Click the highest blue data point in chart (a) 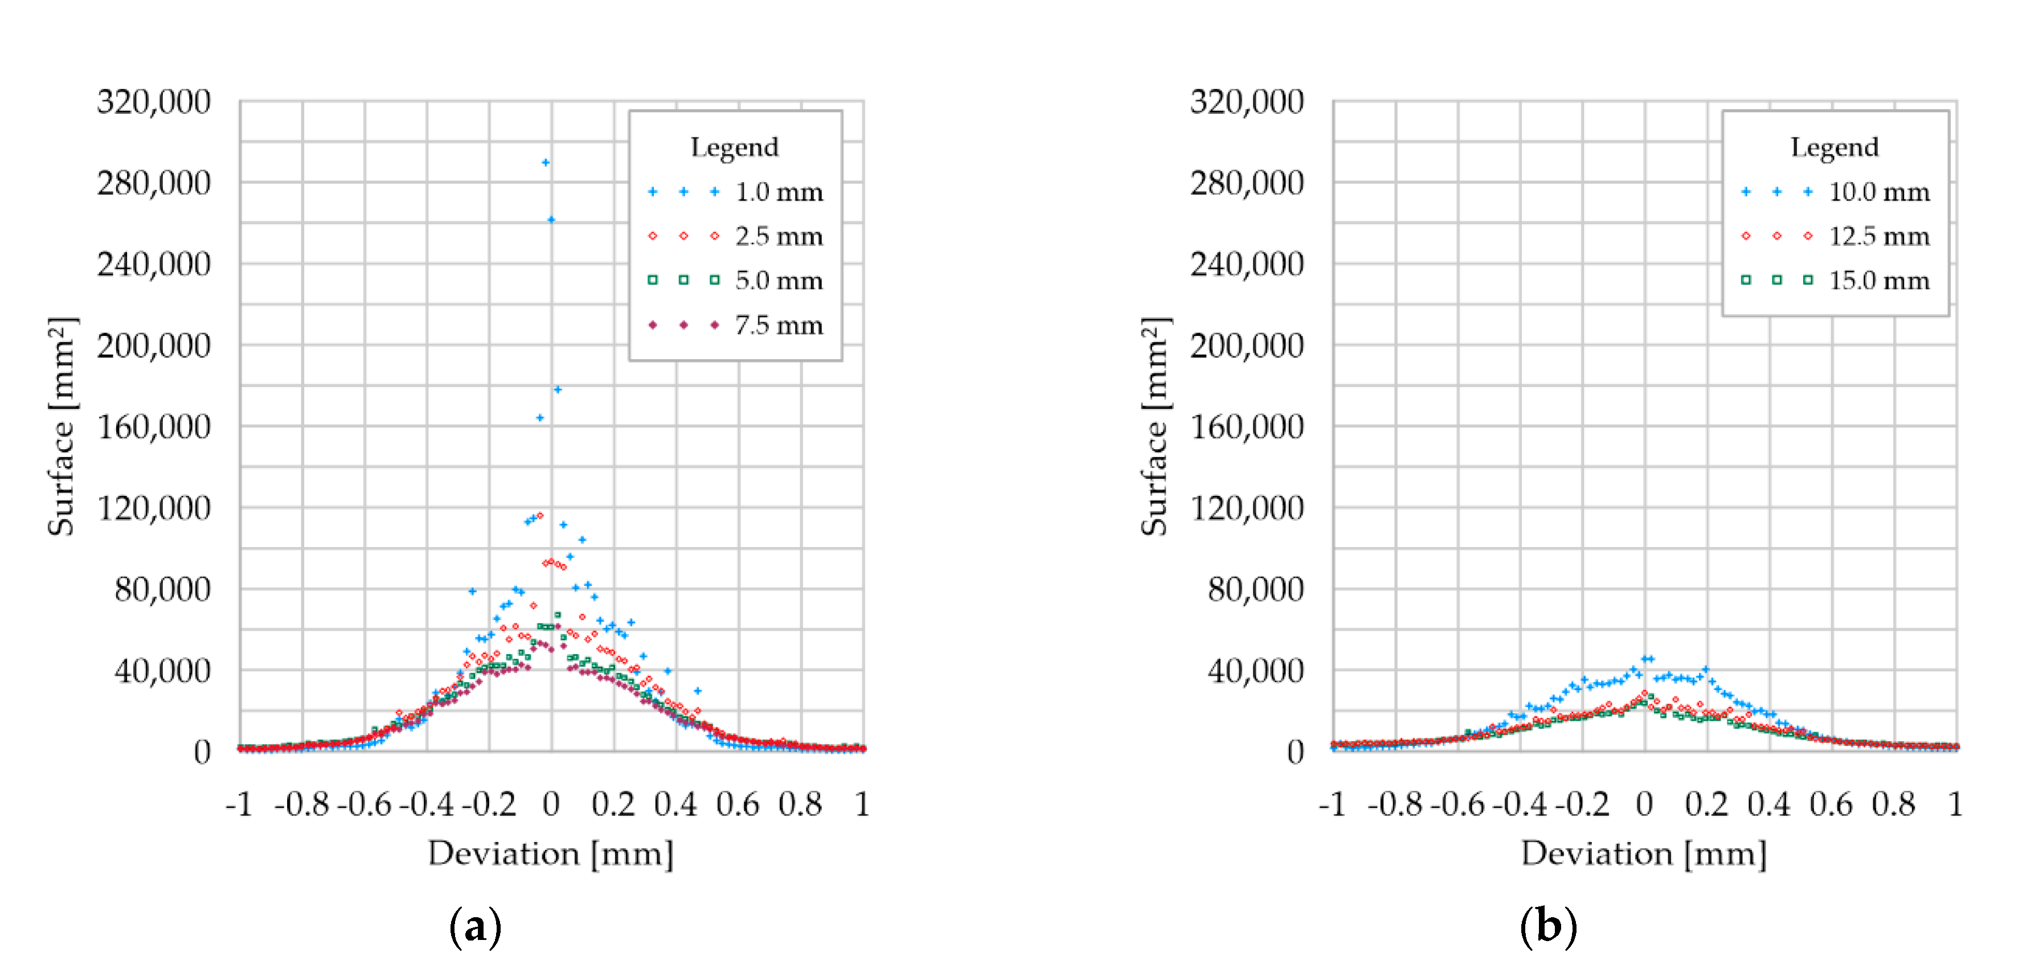(545, 163)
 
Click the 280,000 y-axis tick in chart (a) (154, 183)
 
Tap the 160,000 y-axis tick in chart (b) (1247, 427)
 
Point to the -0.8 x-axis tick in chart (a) (301, 804)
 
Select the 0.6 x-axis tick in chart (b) (1831, 804)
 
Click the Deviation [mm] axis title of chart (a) (551, 853)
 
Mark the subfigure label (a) (475, 926)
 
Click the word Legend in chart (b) (1835, 147)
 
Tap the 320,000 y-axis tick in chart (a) (154, 102)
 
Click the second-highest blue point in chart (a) (551, 220)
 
